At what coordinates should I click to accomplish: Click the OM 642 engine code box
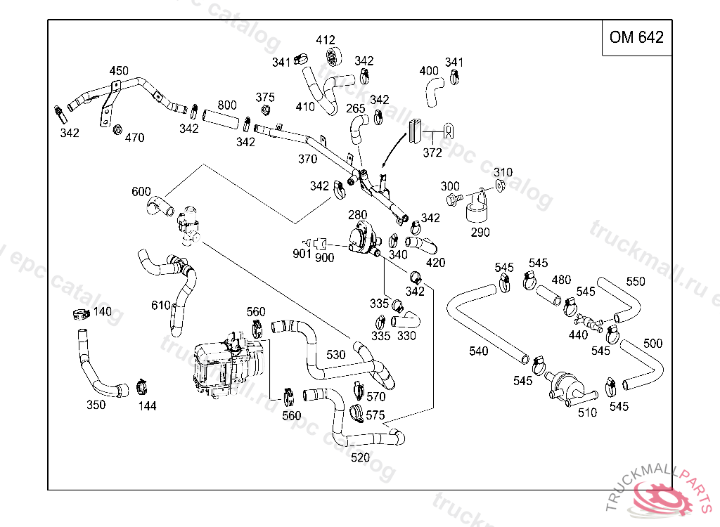coord(636,38)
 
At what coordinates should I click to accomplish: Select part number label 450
coord(119,71)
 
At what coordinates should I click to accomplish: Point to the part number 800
coord(226,105)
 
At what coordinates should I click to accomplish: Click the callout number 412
coord(326,40)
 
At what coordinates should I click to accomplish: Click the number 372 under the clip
coord(432,153)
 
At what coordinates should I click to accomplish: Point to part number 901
coord(302,254)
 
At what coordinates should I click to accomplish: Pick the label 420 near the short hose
coord(435,263)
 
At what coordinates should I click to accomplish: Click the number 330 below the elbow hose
coord(406,335)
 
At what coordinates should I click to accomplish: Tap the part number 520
coord(360,457)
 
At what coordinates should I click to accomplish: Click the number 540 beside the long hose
coord(478,351)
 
